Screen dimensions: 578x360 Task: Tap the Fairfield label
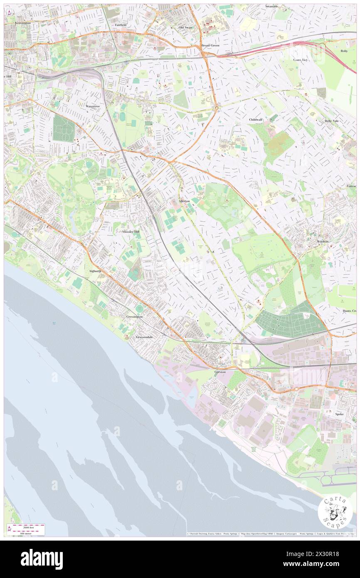(121, 25)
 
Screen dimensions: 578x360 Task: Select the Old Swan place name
(186, 27)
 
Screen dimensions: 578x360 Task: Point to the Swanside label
(272, 7)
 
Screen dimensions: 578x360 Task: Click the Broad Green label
(210, 45)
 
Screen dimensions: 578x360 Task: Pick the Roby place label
(344, 51)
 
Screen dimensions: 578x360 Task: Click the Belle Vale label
(333, 121)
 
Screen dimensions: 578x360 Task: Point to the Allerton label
(184, 201)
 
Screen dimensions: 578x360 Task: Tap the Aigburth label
(95, 271)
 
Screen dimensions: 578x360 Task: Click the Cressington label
(134, 316)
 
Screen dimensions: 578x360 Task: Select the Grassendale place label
(145, 337)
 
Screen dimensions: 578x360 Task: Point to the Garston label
(220, 371)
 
